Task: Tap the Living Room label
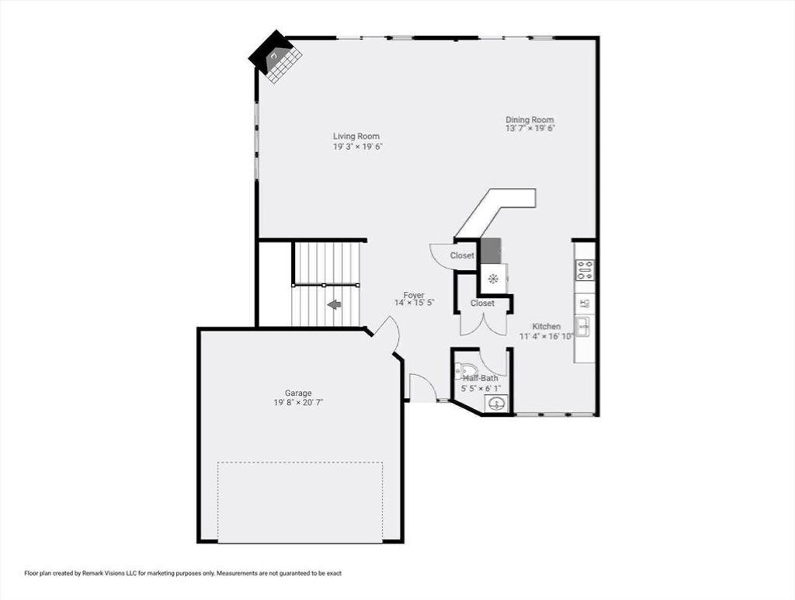pyautogui.click(x=356, y=136)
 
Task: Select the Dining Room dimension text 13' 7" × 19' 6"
pyautogui.click(x=529, y=128)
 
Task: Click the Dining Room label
pyautogui.click(x=529, y=120)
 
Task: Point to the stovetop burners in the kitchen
pyautogui.click(x=584, y=269)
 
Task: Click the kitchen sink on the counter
pyautogui.click(x=582, y=327)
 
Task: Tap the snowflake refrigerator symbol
pyautogui.click(x=492, y=278)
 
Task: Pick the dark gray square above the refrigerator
pyautogui.click(x=491, y=251)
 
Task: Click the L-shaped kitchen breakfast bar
pyautogui.click(x=495, y=213)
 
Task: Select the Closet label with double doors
pyautogui.click(x=482, y=303)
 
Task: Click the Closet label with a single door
pyautogui.click(x=462, y=255)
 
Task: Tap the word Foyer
pyautogui.click(x=414, y=295)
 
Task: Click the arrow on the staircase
pyautogui.click(x=334, y=304)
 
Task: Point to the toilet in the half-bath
pyautogui.click(x=466, y=369)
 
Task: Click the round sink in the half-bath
pyautogui.click(x=495, y=404)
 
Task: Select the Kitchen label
pyautogui.click(x=546, y=326)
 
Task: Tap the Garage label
pyautogui.click(x=298, y=393)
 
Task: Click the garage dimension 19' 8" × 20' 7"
pyautogui.click(x=298, y=402)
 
